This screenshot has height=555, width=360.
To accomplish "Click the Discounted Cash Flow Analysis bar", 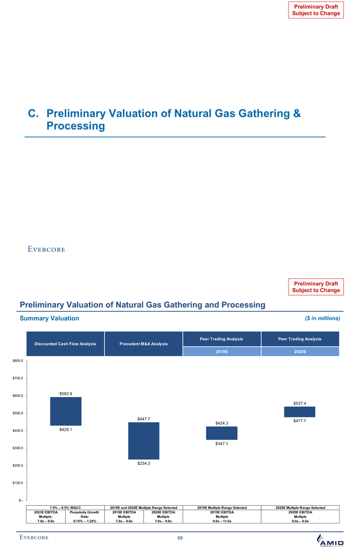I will (66, 411).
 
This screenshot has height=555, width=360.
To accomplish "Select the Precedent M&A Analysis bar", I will (143, 440).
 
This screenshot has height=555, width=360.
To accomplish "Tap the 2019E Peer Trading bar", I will (222, 433).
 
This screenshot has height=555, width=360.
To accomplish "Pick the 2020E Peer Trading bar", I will (300, 412).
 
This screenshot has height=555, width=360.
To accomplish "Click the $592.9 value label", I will (66, 393).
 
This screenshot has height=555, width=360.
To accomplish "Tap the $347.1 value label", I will (222, 444).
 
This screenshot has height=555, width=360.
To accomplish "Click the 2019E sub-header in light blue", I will (222, 351).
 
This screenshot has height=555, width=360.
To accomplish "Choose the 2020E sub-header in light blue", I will (300, 351).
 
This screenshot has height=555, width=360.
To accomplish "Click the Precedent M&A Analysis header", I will (143, 344).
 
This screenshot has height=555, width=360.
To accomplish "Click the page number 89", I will (180, 538).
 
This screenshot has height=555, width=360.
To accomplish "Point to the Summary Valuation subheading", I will (49, 319).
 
